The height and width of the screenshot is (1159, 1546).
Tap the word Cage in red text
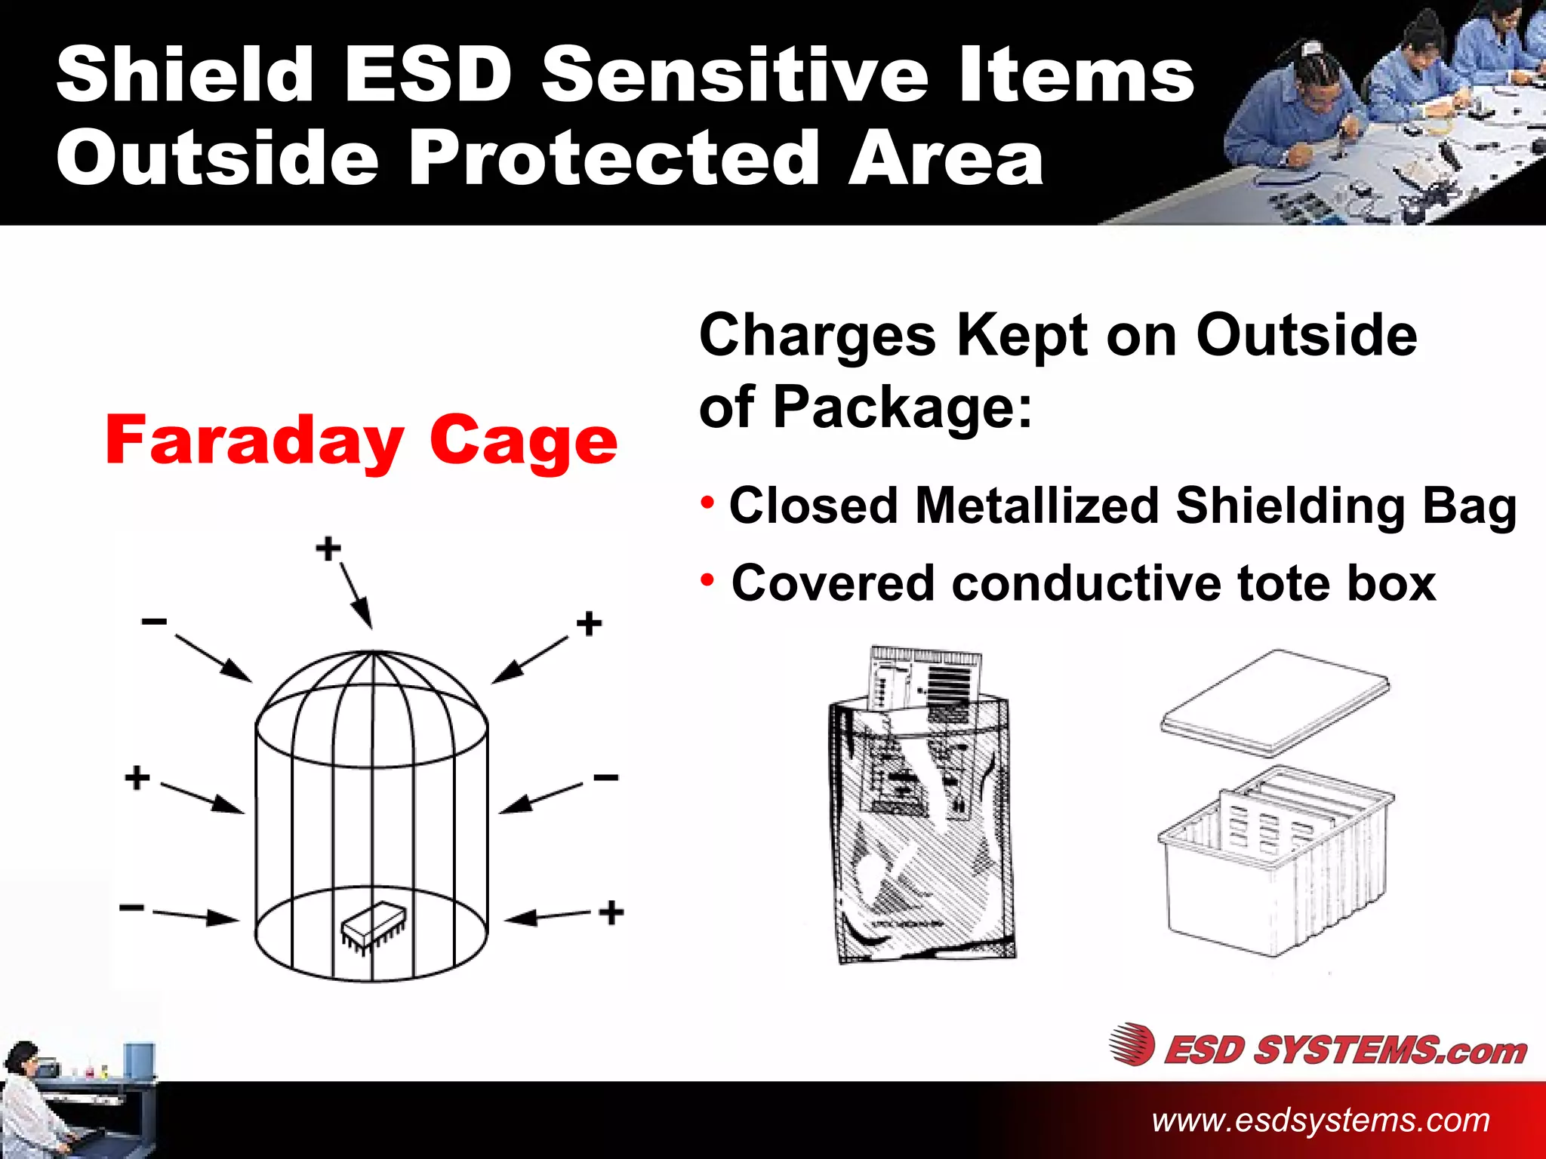pyautogui.click(x=523, y=441)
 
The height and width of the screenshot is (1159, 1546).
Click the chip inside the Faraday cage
pyautogui.click(x=373, y=925)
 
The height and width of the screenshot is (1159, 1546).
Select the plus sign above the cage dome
pyautogui.click(x=328, y=549)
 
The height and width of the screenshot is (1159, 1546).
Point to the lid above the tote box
pyautogui.click(x=1275, y=702)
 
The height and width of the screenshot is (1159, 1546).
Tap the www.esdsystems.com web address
pyautogui.click(x=1320, y=1120)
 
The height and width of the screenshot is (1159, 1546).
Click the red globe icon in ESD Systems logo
pyautogui.click(x=1132, y=1044)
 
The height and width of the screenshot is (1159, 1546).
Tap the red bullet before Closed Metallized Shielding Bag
pyautogui.click(x=707, y=503)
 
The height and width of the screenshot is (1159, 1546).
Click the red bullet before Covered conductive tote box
pyautogui.click(x=707, y=580)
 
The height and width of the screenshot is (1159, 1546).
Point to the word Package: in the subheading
pyautogui.click(x=902, y=407)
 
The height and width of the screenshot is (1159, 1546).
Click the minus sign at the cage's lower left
pyautogui.click(x=132, y=907)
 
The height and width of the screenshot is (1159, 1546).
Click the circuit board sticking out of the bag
pyautogui.click(x=925, y=675)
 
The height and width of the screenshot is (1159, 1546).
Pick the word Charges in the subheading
pyautogui.click(x=818, y=335)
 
